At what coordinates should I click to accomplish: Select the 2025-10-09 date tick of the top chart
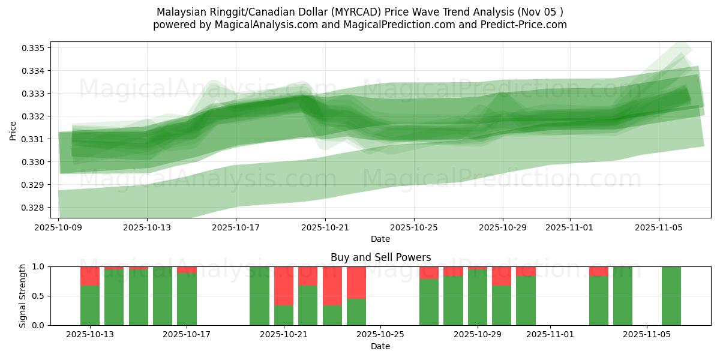(x=59, y=227)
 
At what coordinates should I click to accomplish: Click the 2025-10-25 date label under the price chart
(x=414, y=227)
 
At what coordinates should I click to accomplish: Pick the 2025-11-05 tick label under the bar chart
(x=647, y=335)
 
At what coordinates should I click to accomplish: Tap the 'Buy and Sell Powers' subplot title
(x=380, y=257)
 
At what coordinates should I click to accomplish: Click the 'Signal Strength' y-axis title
(x=23, y=295)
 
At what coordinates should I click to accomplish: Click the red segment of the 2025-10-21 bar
(x=284, y=286)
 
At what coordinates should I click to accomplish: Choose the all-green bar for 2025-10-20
(x=259, y=295)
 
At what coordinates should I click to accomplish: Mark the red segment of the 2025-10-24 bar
(x=356, y=282)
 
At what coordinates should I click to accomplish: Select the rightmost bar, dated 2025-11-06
(x=671, y=295)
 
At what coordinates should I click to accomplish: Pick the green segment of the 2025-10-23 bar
(x=332, y=315)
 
